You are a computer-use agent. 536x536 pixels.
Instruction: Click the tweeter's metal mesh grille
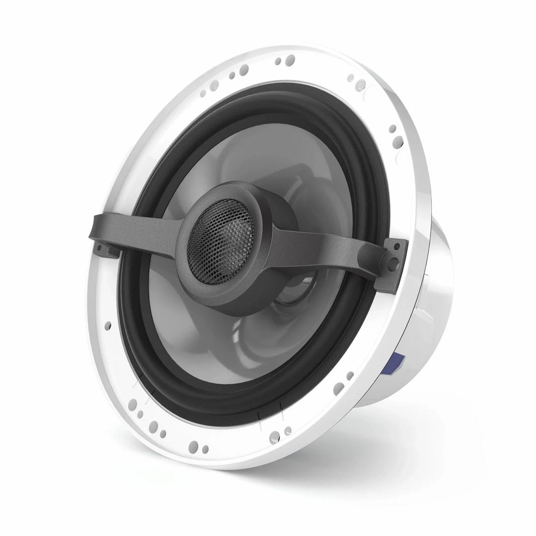[220, 231]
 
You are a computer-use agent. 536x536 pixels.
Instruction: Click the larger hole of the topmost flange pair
[290, 60]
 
